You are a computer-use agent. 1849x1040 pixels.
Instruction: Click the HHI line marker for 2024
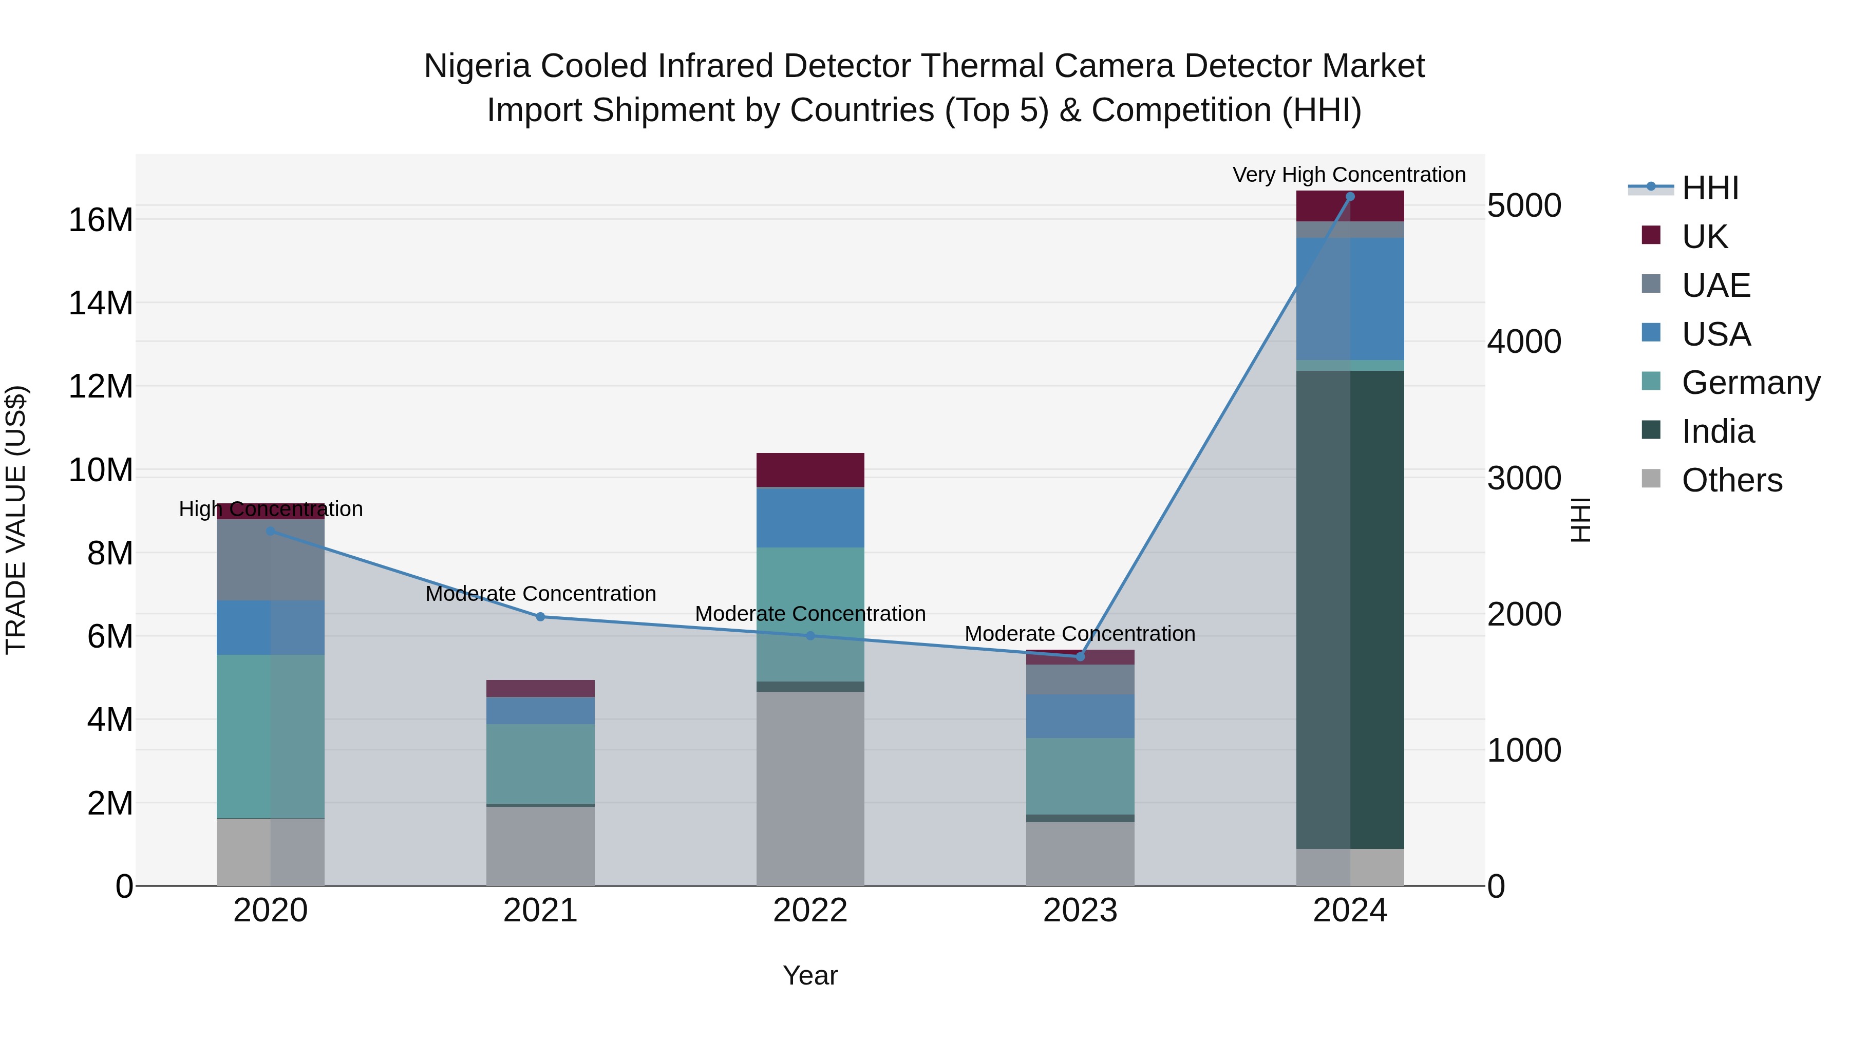tap(1349, 197)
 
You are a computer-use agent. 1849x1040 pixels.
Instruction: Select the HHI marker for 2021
tap(540, 616)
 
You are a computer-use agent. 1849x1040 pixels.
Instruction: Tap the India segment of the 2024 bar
tap(1349, 610)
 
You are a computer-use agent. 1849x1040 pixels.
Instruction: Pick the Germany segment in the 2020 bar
tap(271, 735)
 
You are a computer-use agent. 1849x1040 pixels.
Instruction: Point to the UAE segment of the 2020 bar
tap(271, 560)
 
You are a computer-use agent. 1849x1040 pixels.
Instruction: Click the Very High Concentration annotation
tap(1349, 175)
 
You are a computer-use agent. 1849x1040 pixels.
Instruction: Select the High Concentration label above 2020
tap(271, 509)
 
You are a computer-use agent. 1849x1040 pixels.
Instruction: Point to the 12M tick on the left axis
tap(101, 386)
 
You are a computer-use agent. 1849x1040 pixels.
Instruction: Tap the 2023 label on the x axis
tap(1080, 911)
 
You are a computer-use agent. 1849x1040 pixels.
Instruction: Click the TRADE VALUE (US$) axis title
tap(16, 520)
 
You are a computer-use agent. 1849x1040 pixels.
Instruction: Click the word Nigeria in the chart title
tap(477, 66)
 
